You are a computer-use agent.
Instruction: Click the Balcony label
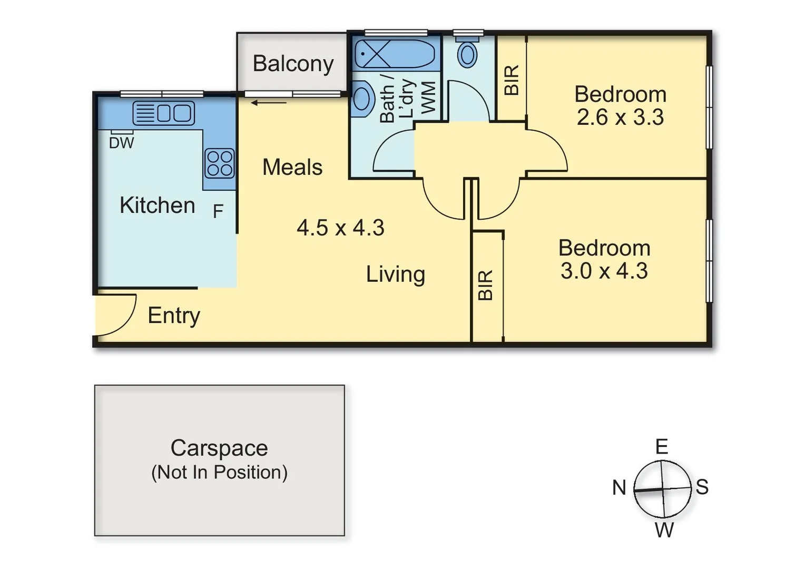293,64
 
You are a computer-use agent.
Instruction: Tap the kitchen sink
164,113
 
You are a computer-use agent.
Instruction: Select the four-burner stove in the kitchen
220,163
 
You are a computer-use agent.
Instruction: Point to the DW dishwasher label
122,143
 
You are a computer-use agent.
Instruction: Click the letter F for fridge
218,211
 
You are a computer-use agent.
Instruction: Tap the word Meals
292,167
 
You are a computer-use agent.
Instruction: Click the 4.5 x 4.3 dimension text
340,228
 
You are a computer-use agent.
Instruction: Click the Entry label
174,316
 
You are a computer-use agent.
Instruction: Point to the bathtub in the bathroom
395,54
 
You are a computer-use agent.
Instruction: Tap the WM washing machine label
428,97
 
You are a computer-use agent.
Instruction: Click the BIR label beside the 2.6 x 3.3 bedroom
512,80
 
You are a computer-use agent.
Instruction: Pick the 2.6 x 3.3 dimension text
620,117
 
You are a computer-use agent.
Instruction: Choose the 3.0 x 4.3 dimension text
604,271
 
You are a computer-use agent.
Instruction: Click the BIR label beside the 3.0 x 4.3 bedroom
486,285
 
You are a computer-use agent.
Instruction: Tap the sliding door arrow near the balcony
269,103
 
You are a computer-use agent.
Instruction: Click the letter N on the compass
619,488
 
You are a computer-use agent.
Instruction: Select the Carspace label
219,448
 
